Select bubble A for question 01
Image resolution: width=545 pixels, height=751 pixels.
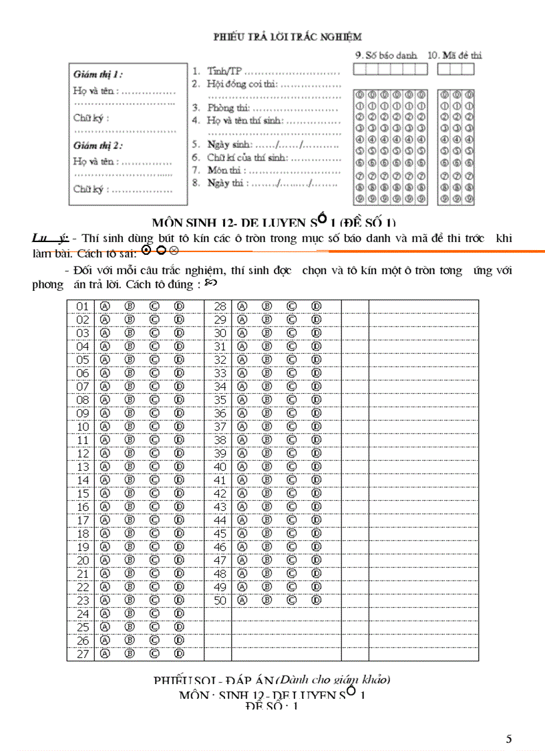105,306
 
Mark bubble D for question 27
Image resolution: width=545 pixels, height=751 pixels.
179,654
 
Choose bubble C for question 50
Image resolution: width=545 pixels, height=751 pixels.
291,601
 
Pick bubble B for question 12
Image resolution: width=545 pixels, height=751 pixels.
130,453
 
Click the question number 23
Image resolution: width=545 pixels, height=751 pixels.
83,601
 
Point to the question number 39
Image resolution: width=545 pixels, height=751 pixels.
220,453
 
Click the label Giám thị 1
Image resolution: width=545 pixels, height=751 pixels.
98,74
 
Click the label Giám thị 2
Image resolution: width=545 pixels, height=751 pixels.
98,145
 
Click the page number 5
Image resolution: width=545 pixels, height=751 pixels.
509,739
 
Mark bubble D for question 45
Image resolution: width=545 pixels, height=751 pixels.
317,534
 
